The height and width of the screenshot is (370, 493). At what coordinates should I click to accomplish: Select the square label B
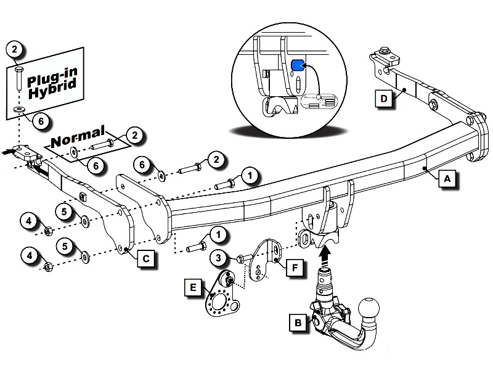pyautogui.click(x=298, y=322)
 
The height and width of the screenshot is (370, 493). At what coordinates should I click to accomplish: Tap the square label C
pyautogui.click(x=145, y=259)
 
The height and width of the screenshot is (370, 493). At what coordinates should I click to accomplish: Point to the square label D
pyautogui.click(x=384, y=99)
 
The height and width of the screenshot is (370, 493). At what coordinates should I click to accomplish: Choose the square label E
pyautogui.click(x=193, y=287)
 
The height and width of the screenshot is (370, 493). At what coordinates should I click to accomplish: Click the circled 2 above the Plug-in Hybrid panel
pyautogui.click(x=17, y=50)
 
